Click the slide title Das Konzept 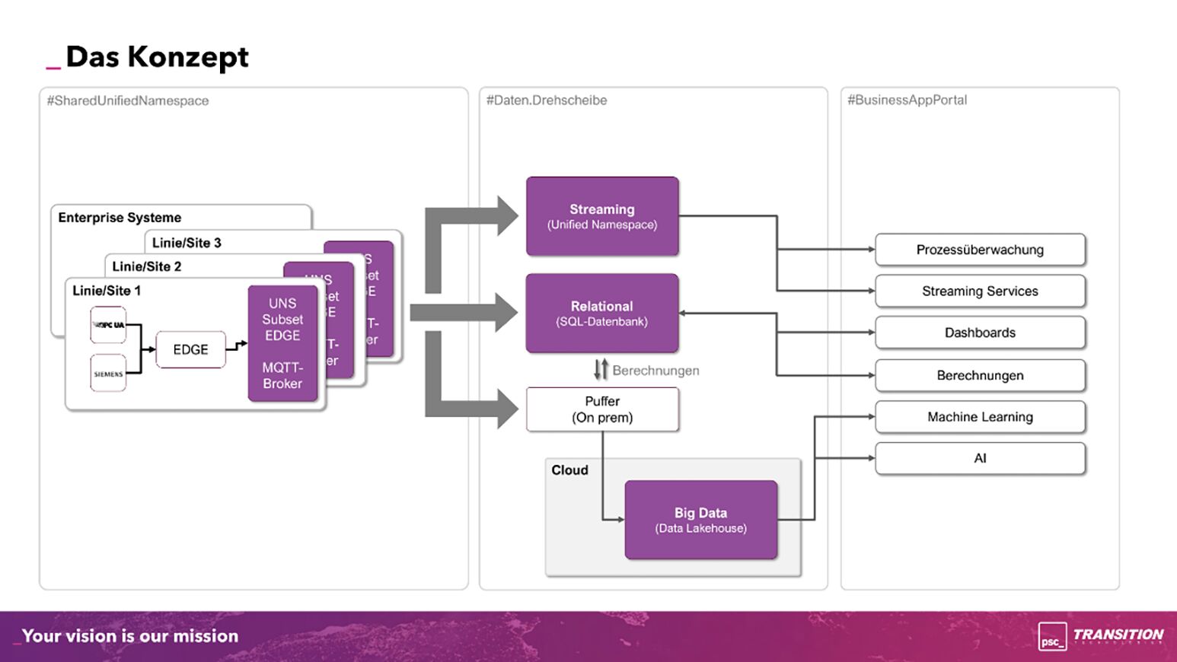[157, 57]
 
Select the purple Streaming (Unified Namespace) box [602, 216]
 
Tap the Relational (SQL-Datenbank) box [602, 313]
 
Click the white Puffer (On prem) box [602, 409]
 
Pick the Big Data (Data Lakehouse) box [700, 520]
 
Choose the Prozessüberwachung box [980, 250]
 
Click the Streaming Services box [980, 291]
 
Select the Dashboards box [980, 333]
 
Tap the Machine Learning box [980, 417]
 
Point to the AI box [980, 458]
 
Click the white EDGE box [190, 349]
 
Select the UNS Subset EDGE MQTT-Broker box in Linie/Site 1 [282, 343]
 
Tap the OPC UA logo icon [108, 325]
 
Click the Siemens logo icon [108, 374]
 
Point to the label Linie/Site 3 [187, 243]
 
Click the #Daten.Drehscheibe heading [547, 100]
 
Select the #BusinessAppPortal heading [907, 100]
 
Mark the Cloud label [569, 470]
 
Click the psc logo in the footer [1052, 636]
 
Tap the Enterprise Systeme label [120, 218]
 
